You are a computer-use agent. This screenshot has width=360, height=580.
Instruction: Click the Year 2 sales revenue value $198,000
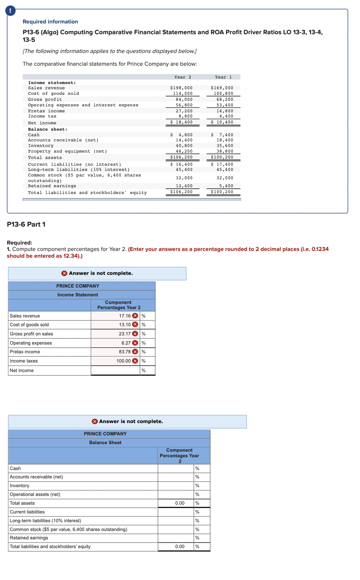pos(181,88)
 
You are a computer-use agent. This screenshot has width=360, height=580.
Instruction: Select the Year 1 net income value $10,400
pos(222,122)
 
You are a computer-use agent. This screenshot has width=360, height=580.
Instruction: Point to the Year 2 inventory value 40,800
pos(184,146)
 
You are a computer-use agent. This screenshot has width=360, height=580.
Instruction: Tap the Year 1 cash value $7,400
pos(222,135)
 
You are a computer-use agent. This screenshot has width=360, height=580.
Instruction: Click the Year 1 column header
pos(223,77)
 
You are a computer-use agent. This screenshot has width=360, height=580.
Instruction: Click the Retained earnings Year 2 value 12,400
pos(184,186)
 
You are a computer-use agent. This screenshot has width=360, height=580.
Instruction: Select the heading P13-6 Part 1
pos(26,224)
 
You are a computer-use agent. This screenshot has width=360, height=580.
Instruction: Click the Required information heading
pos(50,22)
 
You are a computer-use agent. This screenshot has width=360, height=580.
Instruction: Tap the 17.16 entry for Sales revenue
pos(125,316)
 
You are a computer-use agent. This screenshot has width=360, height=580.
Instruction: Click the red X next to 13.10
pos(135,325)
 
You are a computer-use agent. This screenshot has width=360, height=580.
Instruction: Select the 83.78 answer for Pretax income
pos(125,352)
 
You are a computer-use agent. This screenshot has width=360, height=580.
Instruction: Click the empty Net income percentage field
pos(115,370)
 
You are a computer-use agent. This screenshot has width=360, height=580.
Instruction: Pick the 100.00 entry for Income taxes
pos(123,361)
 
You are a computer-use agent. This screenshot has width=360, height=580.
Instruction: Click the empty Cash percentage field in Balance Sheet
pos(176,468)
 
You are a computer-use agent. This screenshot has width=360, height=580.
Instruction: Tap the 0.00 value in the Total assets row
pos(180,503)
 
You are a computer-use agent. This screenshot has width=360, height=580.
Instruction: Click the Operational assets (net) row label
pos(35,494)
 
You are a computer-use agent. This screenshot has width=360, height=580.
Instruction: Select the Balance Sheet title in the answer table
pos(105,443)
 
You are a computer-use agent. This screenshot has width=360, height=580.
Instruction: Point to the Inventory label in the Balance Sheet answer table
pos(20,486)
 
